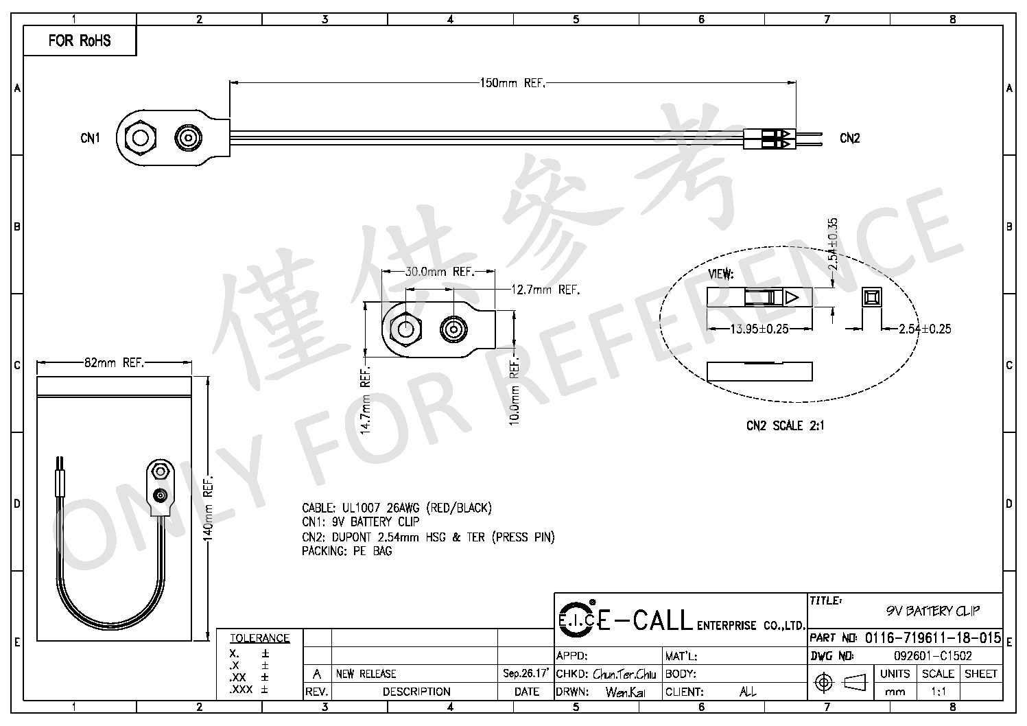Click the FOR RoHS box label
coord(80,40)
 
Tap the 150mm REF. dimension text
coord(512,83)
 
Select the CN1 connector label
coord(90,138)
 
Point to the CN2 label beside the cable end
coord(849,138)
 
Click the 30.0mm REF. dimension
coord(439,272)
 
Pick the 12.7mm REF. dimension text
coord(545,290)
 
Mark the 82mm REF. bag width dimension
coord(114,363)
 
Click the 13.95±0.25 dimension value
coord(759,329)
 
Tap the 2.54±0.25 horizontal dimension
coord(924,329)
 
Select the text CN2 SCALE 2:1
coord(785,425)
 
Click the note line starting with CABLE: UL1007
coord(397,508)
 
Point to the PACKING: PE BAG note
coord(346,551)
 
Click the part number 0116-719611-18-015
coord(932,637)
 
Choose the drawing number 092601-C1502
coord(932,656)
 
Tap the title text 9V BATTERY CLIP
coord(932,611)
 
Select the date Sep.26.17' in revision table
coord(526,673)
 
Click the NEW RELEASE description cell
coord(366,674)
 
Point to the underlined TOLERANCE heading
coord(259,638)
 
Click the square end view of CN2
coord(871,297)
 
